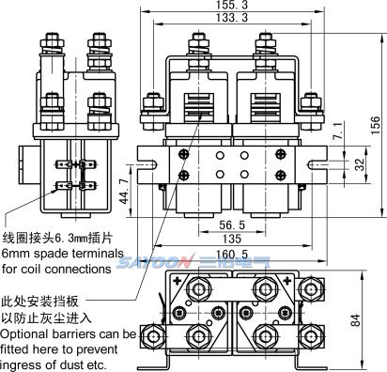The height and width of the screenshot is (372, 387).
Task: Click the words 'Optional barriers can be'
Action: click(x=69, y=334)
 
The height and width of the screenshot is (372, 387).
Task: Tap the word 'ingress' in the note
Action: click(x=23, y=364)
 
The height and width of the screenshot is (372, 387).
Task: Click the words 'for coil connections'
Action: click(x=55, y=270)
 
